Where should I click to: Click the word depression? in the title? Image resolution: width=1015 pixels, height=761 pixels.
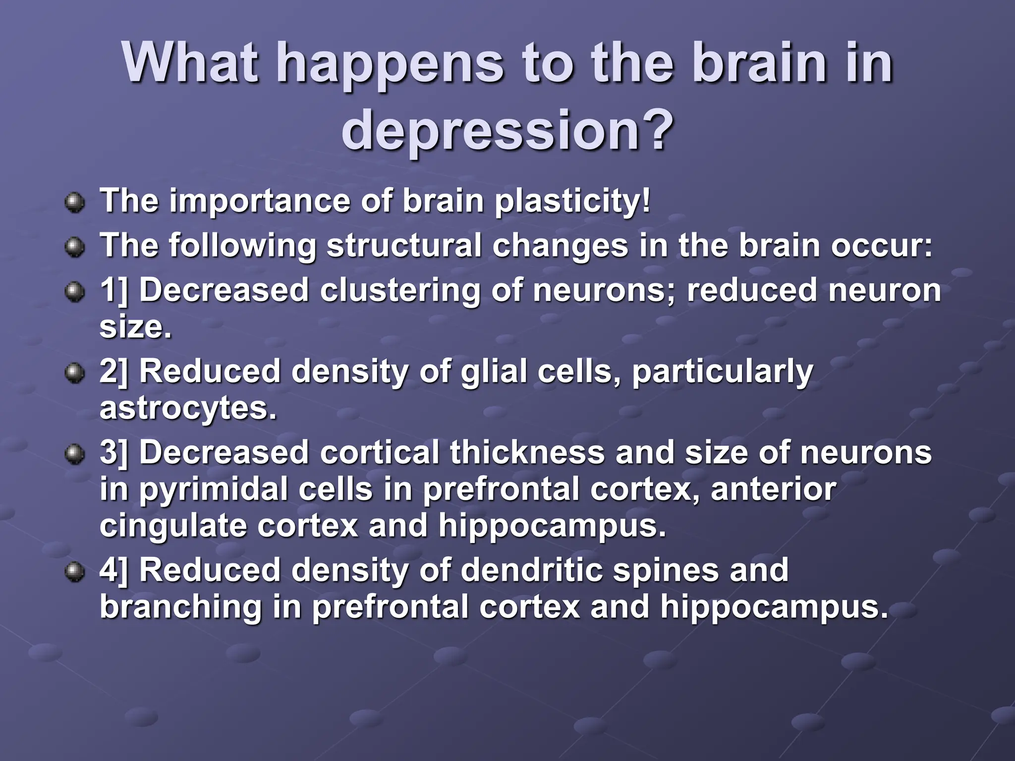click(x=507, y=130)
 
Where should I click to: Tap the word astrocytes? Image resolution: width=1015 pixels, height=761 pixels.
click(x=188, y=408)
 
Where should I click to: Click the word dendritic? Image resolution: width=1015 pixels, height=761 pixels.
click(x=531, y=570)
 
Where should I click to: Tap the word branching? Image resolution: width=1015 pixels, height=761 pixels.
click(x=180, y=607)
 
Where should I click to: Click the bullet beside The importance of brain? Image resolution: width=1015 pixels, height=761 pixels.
click(x=75, y=203)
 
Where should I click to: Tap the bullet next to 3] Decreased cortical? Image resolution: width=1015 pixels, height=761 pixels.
click(x=75, y=454)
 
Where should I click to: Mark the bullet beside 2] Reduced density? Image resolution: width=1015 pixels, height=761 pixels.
click(x=75, y=373)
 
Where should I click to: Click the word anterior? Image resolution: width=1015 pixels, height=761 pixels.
click(x=773, y=489)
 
